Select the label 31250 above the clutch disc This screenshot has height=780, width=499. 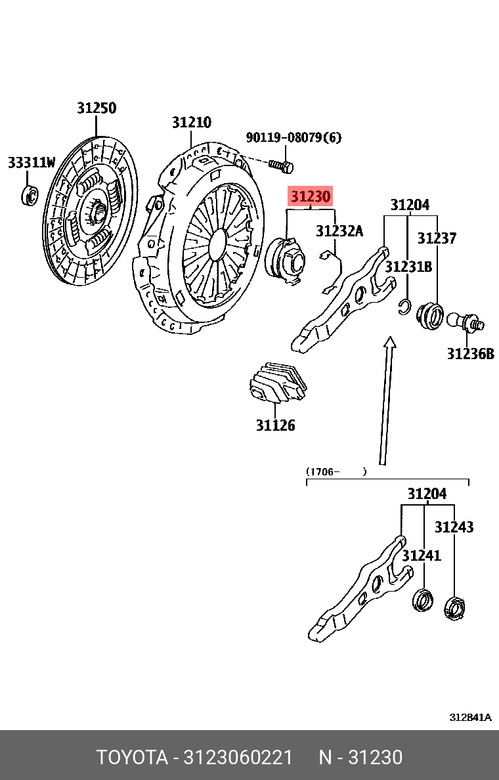(x=97, y=108)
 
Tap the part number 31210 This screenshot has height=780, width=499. (x=192, y=122)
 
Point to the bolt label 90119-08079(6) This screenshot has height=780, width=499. (x=293, y=138)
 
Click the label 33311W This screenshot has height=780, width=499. (x=32, y=163)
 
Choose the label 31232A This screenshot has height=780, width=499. (x=339, y=231)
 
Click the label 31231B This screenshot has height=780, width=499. (x=408, y=267)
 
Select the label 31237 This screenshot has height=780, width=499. (x=437, y=238)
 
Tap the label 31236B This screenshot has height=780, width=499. (x=470, y=354)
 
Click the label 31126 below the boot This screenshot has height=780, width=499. (x=275, y=425)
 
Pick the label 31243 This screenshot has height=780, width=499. (x=454, y=527)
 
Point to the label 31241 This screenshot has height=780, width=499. (x=422, y=556)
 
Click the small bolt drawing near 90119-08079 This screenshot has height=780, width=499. (x=281, y=165)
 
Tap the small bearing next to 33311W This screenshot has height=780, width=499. (x=30, y=194)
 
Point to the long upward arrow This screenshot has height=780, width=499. (x=385, y=401)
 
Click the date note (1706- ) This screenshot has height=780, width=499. (x=336, y=471)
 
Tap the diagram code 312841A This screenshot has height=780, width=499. (x=470, y=718)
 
